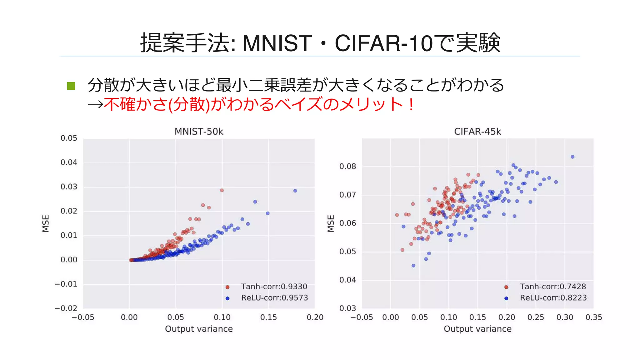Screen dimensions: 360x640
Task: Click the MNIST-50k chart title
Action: click(199, 132)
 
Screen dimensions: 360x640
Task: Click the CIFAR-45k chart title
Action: click(477, 132)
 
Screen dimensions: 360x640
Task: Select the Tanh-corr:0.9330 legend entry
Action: click(274, 287)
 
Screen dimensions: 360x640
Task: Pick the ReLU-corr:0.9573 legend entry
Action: click(274, 298)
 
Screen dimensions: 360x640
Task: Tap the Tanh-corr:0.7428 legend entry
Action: click(552, 287)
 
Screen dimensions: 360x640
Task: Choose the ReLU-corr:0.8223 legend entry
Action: click(553, 298)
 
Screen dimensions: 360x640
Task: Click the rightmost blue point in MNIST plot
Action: click(295, 191)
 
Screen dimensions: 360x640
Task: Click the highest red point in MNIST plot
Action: click(222, 190)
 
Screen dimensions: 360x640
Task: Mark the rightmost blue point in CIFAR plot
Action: click(572, 157)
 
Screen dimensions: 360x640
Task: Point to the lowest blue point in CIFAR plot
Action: click(413, 266)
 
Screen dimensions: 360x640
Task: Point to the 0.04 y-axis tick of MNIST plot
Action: click(69, 162)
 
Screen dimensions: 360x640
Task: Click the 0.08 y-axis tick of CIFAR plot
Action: click(347, 167)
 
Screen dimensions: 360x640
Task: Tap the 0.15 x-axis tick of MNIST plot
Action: click(268, 317)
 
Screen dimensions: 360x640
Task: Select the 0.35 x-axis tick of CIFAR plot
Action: click(593, 317)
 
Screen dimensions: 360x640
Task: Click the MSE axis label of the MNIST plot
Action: click(46, 223)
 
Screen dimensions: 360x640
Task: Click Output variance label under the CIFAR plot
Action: click(477, 329)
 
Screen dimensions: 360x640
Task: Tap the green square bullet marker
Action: click(71, 86)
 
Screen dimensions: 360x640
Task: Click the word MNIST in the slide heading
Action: click(277, 43)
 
